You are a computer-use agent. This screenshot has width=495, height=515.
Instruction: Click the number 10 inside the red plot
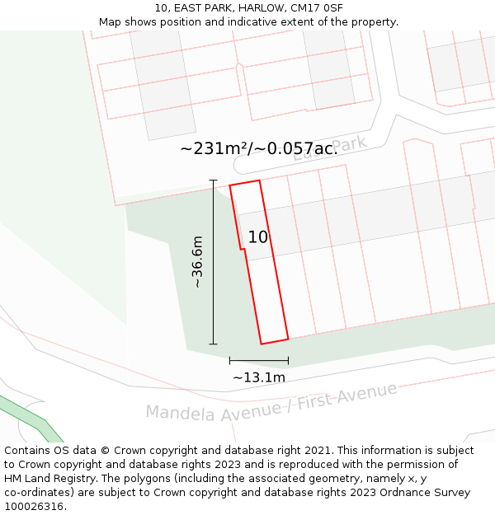click(258, 237)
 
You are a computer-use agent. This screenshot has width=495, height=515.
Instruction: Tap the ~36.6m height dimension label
click(197, 262)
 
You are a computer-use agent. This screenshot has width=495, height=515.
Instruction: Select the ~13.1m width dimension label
click(258, 377)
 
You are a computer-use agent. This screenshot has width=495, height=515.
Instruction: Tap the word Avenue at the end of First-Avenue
click(368, 394)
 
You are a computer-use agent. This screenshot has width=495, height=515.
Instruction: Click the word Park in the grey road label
click(350, 145)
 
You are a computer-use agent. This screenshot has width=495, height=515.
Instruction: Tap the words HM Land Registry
click(52, 479)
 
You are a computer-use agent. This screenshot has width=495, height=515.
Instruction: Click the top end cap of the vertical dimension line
click(214, 180)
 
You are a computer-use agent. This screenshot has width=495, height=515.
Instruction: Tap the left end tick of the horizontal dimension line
click(230, 360)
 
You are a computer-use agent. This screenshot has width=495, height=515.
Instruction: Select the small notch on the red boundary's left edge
click(242, 249)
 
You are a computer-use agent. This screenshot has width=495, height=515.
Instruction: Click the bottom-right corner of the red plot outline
click(288, 339)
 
